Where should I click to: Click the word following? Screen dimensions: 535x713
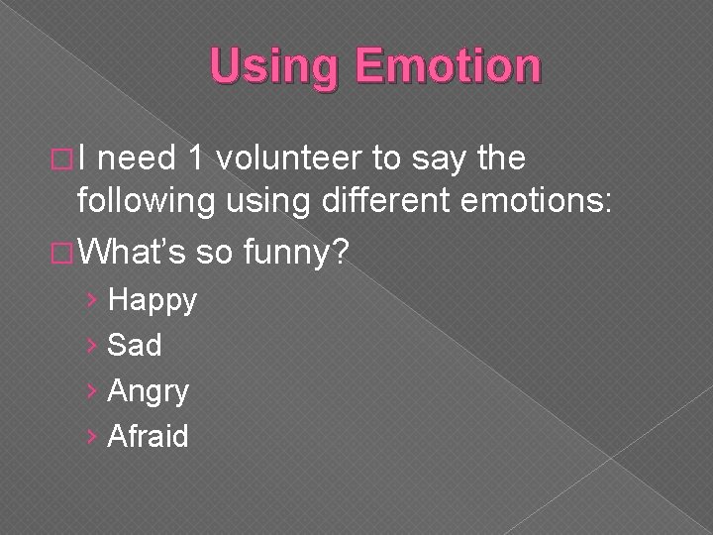pos(147,201)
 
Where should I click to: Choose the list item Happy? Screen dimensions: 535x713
pos(152,300)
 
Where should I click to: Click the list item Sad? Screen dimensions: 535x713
pos(134,345)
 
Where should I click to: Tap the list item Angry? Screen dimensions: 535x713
pos(147,391)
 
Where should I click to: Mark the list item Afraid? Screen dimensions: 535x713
pos(147,436)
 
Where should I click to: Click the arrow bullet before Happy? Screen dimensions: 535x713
pos(92,300)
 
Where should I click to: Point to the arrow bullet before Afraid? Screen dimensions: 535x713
pos(92,436)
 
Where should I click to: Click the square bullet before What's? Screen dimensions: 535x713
pos(61,256)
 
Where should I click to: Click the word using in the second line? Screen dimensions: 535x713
pos(265,201)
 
